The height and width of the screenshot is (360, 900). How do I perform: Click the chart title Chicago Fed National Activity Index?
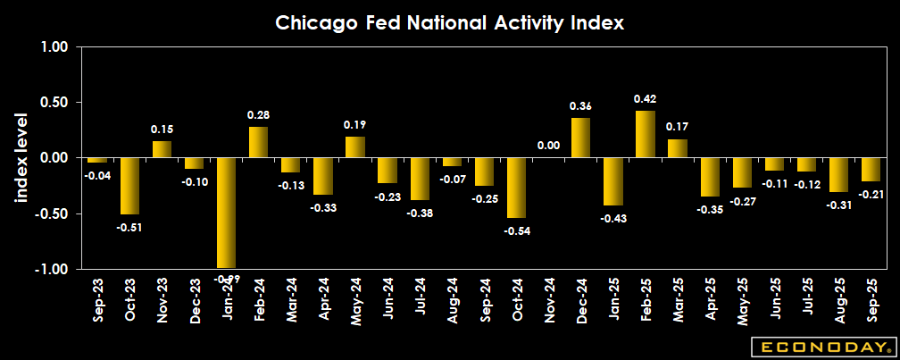[x=449, y=22]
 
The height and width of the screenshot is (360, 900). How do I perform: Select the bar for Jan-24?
[x=226, y=213]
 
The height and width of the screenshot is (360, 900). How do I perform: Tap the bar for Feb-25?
[x=645, y=134]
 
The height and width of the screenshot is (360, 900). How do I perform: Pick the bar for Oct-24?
[x=516, y=188]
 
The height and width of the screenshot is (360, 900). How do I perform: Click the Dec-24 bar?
[x=580, y=138]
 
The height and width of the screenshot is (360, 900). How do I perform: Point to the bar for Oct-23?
[x=129, y=186]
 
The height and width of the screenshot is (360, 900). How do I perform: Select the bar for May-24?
[x=354, y=147]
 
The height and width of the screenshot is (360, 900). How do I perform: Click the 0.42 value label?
[x=645, y=98]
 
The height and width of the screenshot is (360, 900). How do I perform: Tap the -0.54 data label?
[x=516, y=230]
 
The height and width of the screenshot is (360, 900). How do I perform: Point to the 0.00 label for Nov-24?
[x=547, y=146]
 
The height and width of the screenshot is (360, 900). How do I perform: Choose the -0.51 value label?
[x=129, y=227]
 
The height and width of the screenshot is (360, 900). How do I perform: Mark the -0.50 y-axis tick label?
[x=53, y=213]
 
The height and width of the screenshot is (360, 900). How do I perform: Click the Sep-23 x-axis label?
[x=97, y=300]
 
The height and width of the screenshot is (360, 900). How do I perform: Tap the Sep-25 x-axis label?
[x=870, y=300]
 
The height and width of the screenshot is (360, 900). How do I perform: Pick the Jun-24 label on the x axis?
[x=387, y=300]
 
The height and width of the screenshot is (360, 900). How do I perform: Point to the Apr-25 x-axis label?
[x=709, y=300]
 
